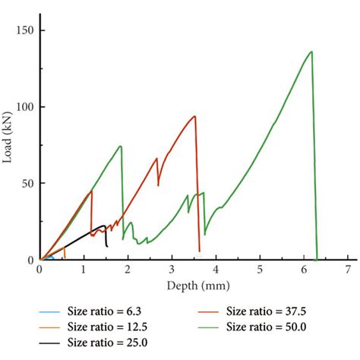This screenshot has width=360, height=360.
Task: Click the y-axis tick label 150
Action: pos(24,31)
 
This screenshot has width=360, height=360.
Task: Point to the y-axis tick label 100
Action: pos(24,107)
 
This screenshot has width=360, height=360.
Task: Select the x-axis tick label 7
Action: pos(347,270)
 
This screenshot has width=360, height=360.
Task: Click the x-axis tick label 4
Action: pos(216,270)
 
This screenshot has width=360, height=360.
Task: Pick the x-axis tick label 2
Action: pos(128,270)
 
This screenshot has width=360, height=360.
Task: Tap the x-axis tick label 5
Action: pos(260,270)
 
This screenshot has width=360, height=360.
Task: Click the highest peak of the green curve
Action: pos(311,52)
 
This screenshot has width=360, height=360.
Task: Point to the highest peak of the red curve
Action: pos(195,116)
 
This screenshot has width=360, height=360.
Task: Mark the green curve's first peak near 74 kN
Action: pos(121,146)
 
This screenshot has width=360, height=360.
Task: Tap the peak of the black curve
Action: pos(104,226)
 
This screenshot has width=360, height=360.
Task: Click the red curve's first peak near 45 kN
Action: pos(91,191)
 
